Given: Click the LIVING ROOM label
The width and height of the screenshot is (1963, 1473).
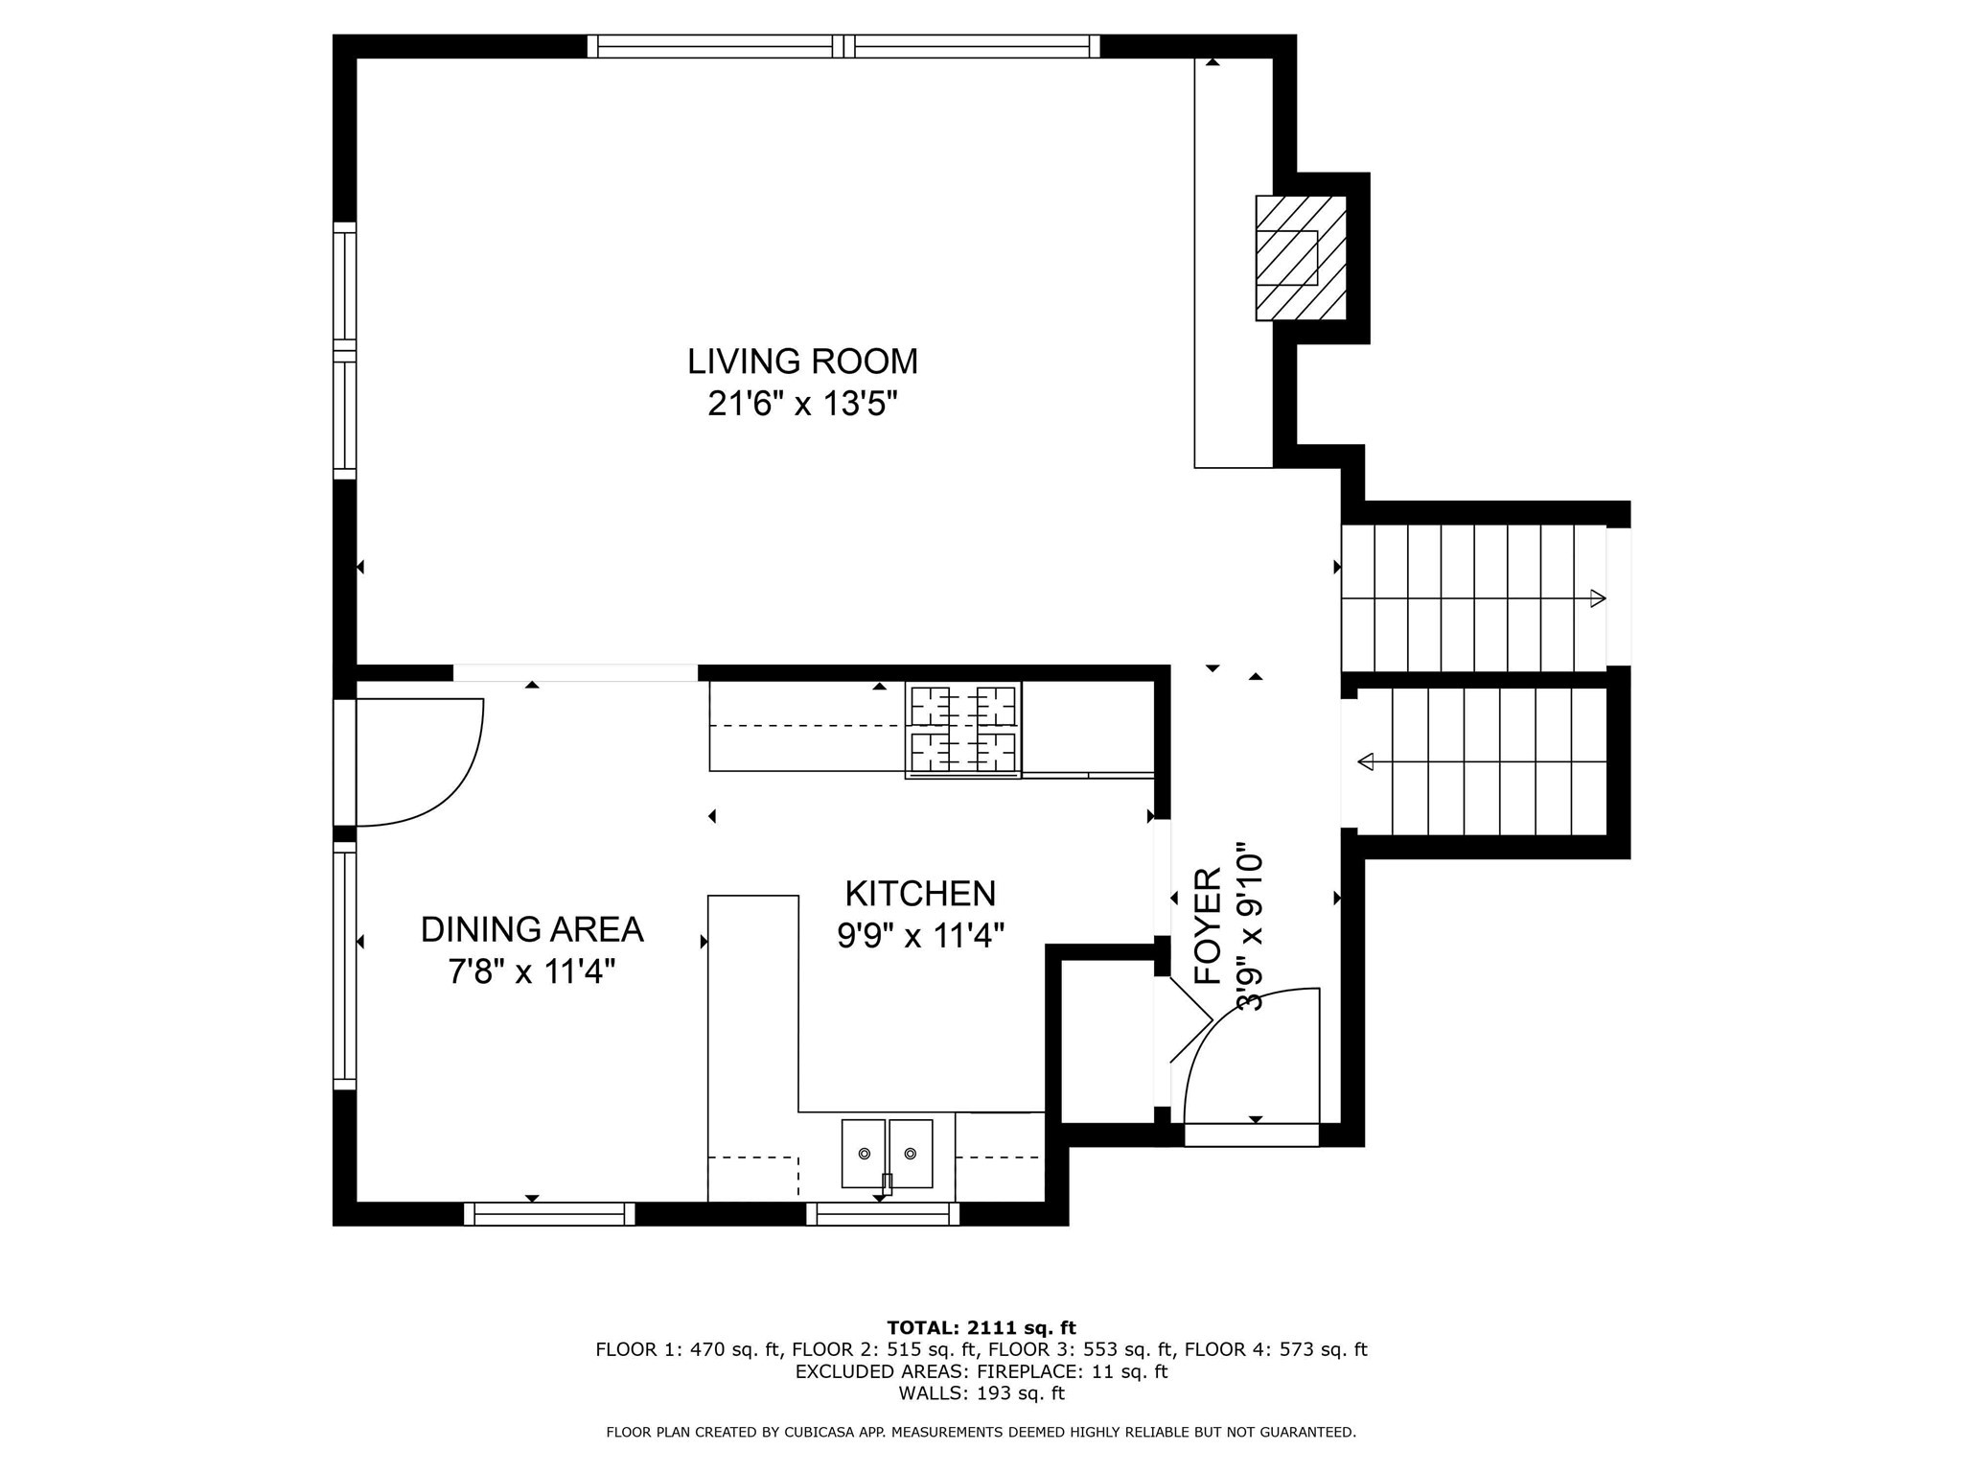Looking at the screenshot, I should tap(802, 362).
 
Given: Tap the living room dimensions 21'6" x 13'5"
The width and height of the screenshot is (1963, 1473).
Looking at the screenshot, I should tap(802, 404).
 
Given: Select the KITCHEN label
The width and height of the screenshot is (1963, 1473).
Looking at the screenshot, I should tap(920, 894).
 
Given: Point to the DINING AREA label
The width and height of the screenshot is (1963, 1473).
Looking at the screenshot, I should tap(532, 929).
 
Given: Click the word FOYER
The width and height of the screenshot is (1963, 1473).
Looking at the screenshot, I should tap(1209, 926).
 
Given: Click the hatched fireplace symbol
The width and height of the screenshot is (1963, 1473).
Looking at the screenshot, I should tap(1301, 258).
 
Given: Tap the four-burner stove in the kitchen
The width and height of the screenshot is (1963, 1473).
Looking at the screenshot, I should tap(962, 730).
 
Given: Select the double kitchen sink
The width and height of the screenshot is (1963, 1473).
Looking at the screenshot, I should tap(887, 1153).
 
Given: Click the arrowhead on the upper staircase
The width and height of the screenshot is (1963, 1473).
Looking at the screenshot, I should tap(1597, 598).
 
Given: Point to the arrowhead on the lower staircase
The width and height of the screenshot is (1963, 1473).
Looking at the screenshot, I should tap(1366, 761).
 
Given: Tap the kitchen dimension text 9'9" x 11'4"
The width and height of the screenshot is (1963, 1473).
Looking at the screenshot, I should tap(920, 935).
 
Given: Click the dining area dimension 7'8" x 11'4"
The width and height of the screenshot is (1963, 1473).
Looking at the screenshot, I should tap(532, 971).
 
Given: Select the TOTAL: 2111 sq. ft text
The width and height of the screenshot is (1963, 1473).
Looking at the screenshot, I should tap(981, 1328).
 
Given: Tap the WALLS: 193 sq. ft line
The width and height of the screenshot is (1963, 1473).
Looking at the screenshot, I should tap(981, 1393).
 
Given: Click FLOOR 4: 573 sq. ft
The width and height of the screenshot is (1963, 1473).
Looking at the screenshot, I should tap(1275, 1350).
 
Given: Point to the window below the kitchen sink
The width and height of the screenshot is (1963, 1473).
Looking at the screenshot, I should tap(883, 1214).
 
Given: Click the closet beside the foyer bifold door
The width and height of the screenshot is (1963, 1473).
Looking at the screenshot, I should tap(1106, 1040).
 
